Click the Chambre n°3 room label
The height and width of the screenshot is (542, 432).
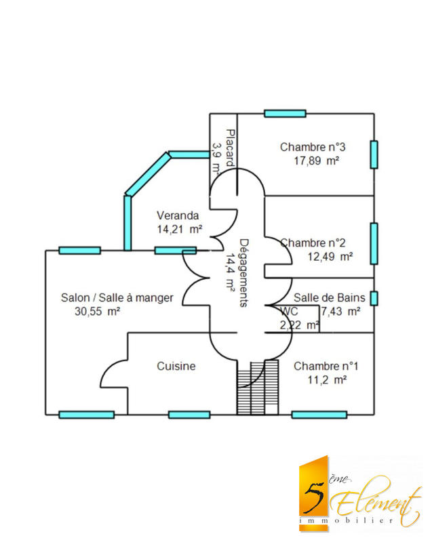coord(313,147)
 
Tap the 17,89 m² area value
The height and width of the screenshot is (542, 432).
coord(316,161)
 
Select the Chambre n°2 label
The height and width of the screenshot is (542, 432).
coord(313,243)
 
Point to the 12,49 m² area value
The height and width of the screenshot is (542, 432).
coord(330,256)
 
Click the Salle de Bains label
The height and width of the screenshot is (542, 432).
coord(330,297)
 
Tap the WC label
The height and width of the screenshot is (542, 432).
coord(289,312)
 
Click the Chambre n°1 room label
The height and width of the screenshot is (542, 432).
coord(326,366)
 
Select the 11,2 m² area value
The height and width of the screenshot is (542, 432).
coord(327,380)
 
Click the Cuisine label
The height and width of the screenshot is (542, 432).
coord(176,366)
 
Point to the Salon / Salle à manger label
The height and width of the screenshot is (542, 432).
coord(117,297)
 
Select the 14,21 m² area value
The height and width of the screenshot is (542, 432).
coord(179,230)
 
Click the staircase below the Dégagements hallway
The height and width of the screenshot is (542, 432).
coord(258,387)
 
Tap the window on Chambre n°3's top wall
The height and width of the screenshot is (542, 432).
coord(285,113)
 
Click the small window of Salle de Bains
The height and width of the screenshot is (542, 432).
coord(374,298)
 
